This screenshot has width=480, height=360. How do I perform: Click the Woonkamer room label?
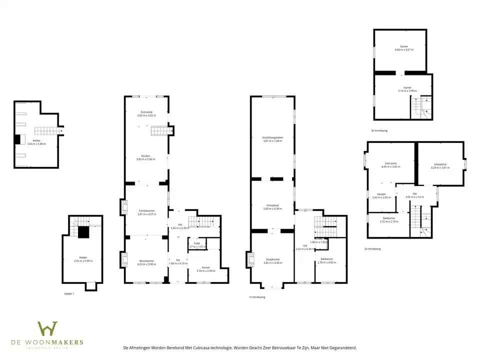click(146, 262)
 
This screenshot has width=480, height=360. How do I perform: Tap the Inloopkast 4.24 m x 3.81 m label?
click(440, 165)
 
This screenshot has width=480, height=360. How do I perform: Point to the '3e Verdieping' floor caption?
click(379, 130)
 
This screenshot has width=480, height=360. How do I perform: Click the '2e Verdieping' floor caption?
click(373, 248)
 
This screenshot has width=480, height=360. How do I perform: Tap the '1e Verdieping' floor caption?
click(257, 296)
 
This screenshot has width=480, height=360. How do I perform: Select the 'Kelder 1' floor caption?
click(69, 293)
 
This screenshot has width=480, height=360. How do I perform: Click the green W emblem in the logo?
click(47, 329)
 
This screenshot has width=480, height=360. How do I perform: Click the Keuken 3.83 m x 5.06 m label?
click(146, 157)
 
